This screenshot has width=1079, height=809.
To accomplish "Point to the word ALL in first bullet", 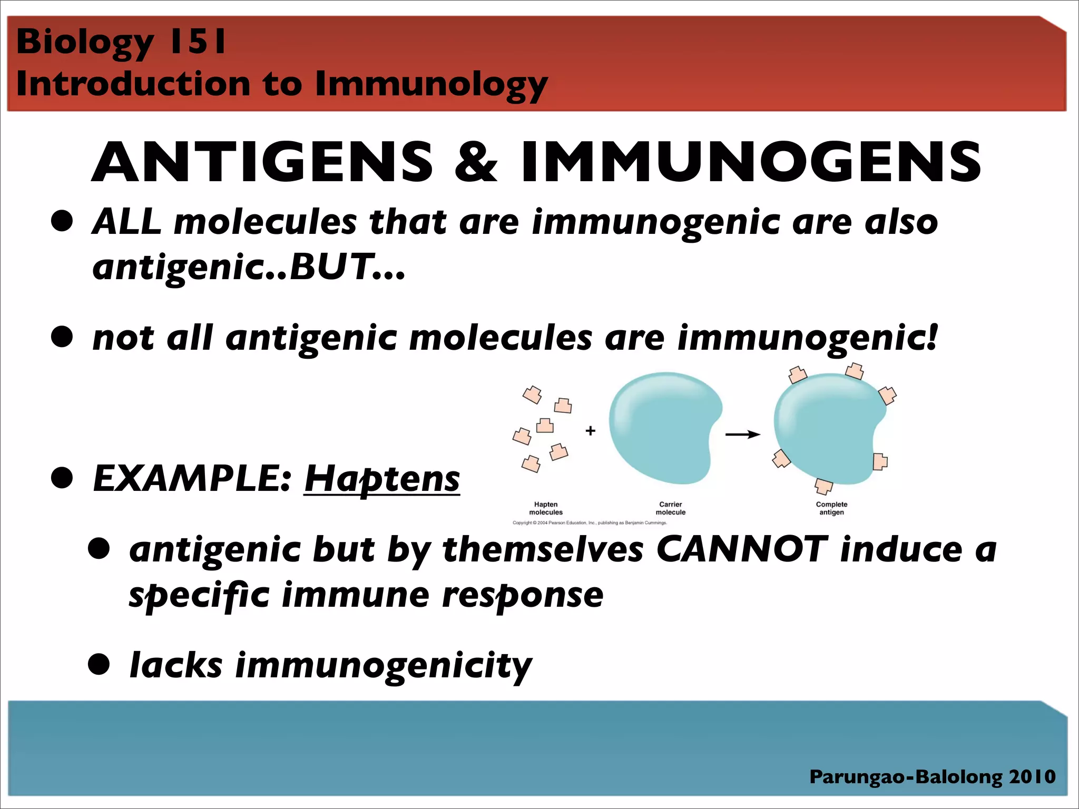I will [x=126, y=222].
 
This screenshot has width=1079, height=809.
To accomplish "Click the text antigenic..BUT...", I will [x=248, y=268].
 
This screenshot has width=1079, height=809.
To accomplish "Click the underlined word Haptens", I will [x=382, y=479].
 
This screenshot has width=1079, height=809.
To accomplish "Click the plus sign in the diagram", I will [x=590, y=431].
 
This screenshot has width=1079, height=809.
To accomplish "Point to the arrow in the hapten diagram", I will [x=742, y=435].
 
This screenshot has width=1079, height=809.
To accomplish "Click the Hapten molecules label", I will [x=546, y=508].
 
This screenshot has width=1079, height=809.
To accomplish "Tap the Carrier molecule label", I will [x=670, y=508].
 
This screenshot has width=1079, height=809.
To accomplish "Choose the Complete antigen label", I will [x=831, y=508].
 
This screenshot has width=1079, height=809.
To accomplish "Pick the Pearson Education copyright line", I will [x=590, y=523].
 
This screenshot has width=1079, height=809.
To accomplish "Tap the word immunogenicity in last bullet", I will [x=384, y=666].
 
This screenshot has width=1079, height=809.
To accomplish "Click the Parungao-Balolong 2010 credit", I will [x=932, y=776].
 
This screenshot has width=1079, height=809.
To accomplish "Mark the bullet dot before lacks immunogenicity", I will [x=99, y=665].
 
